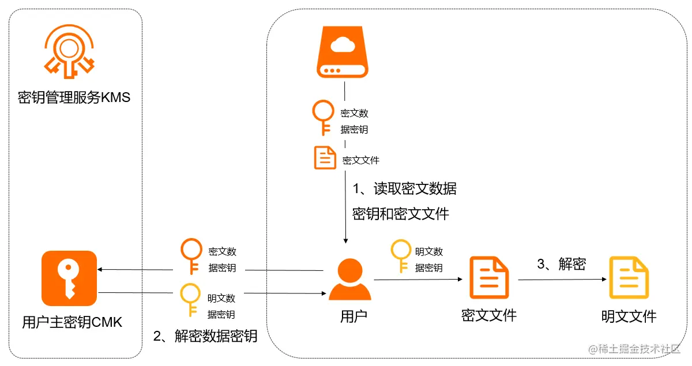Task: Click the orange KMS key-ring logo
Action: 70,51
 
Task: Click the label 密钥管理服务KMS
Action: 74,97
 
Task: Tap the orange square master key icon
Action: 69,278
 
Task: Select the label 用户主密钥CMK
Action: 72,322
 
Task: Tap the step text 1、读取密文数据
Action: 405,188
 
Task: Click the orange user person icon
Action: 350,280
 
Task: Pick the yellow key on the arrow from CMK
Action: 190,300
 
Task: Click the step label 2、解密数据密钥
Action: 205,336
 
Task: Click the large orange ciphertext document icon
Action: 489,278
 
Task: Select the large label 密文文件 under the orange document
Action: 489,315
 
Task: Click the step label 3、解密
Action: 561,264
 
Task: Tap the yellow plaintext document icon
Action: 629,278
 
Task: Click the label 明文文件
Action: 629,316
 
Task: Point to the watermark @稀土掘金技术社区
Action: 635,349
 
